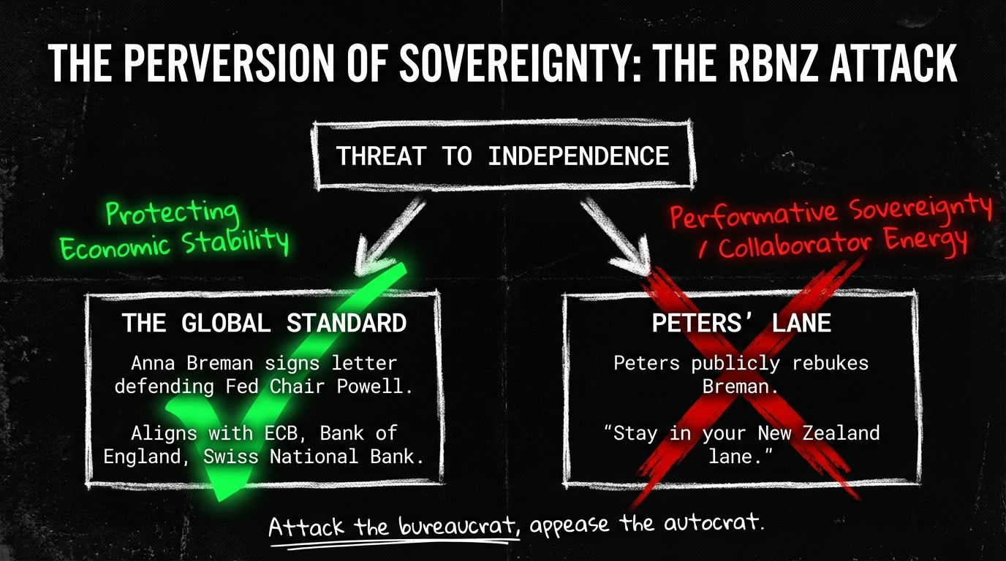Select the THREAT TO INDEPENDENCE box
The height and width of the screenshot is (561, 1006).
point(502,156)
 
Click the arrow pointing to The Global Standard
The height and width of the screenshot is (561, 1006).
point(388,236)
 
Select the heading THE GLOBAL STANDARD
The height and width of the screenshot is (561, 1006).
point(264,323)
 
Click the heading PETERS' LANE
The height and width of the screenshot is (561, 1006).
point(741,323)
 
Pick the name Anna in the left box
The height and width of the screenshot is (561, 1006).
point(153,362)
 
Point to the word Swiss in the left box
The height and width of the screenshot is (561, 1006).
point(231,457)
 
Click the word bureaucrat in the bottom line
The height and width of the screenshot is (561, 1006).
point(458,525)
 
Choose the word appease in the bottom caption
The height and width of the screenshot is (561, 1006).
point(570,525)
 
